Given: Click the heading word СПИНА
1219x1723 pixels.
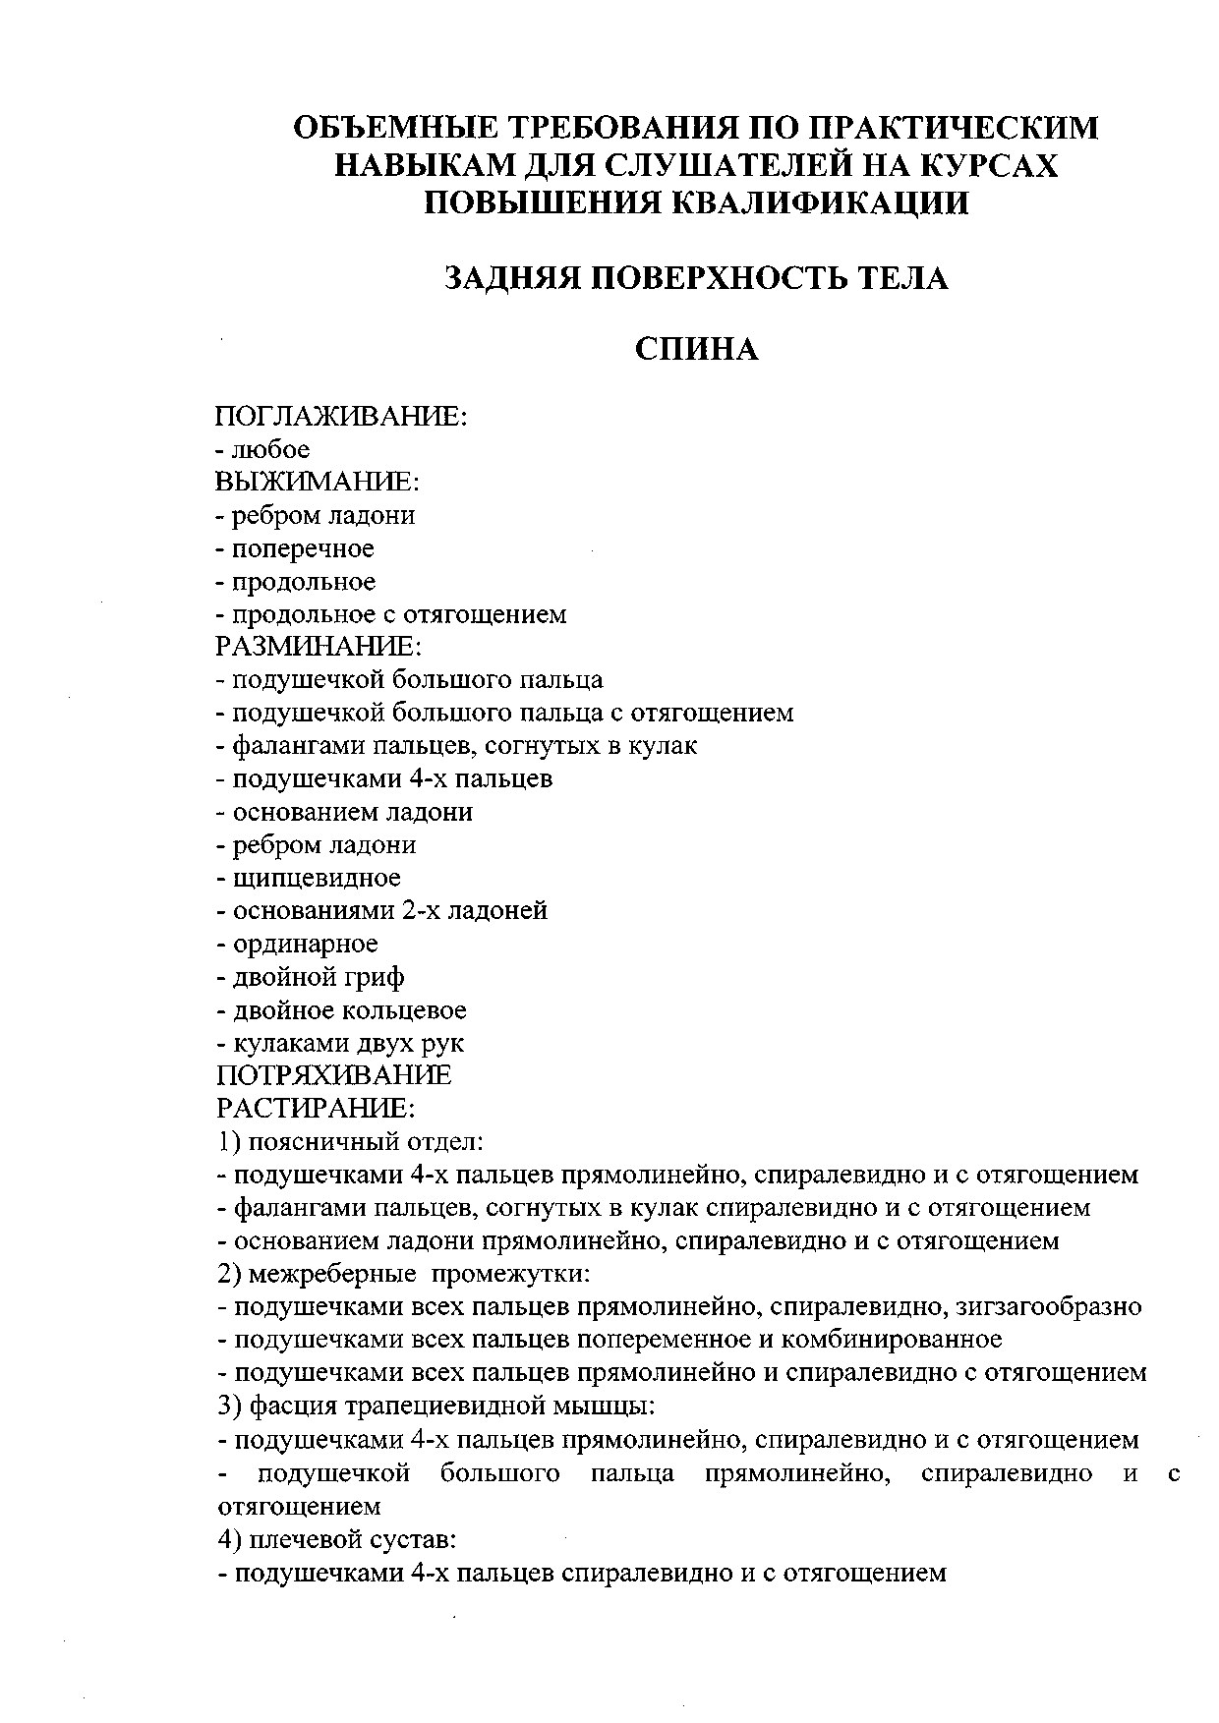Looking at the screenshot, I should [x=696, y=349].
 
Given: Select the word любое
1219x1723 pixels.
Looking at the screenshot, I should [x=270, y=449].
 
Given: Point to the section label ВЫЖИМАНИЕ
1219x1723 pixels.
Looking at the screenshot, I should [x=318, y=482].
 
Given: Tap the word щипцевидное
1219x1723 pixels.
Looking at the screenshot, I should [x=317, y=878].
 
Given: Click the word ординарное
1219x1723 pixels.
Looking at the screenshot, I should [x=305, y=944].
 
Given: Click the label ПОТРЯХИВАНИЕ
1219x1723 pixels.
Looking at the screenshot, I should [x=333, y=1075].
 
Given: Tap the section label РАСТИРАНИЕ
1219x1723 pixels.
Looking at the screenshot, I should [x=316, y=1109].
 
